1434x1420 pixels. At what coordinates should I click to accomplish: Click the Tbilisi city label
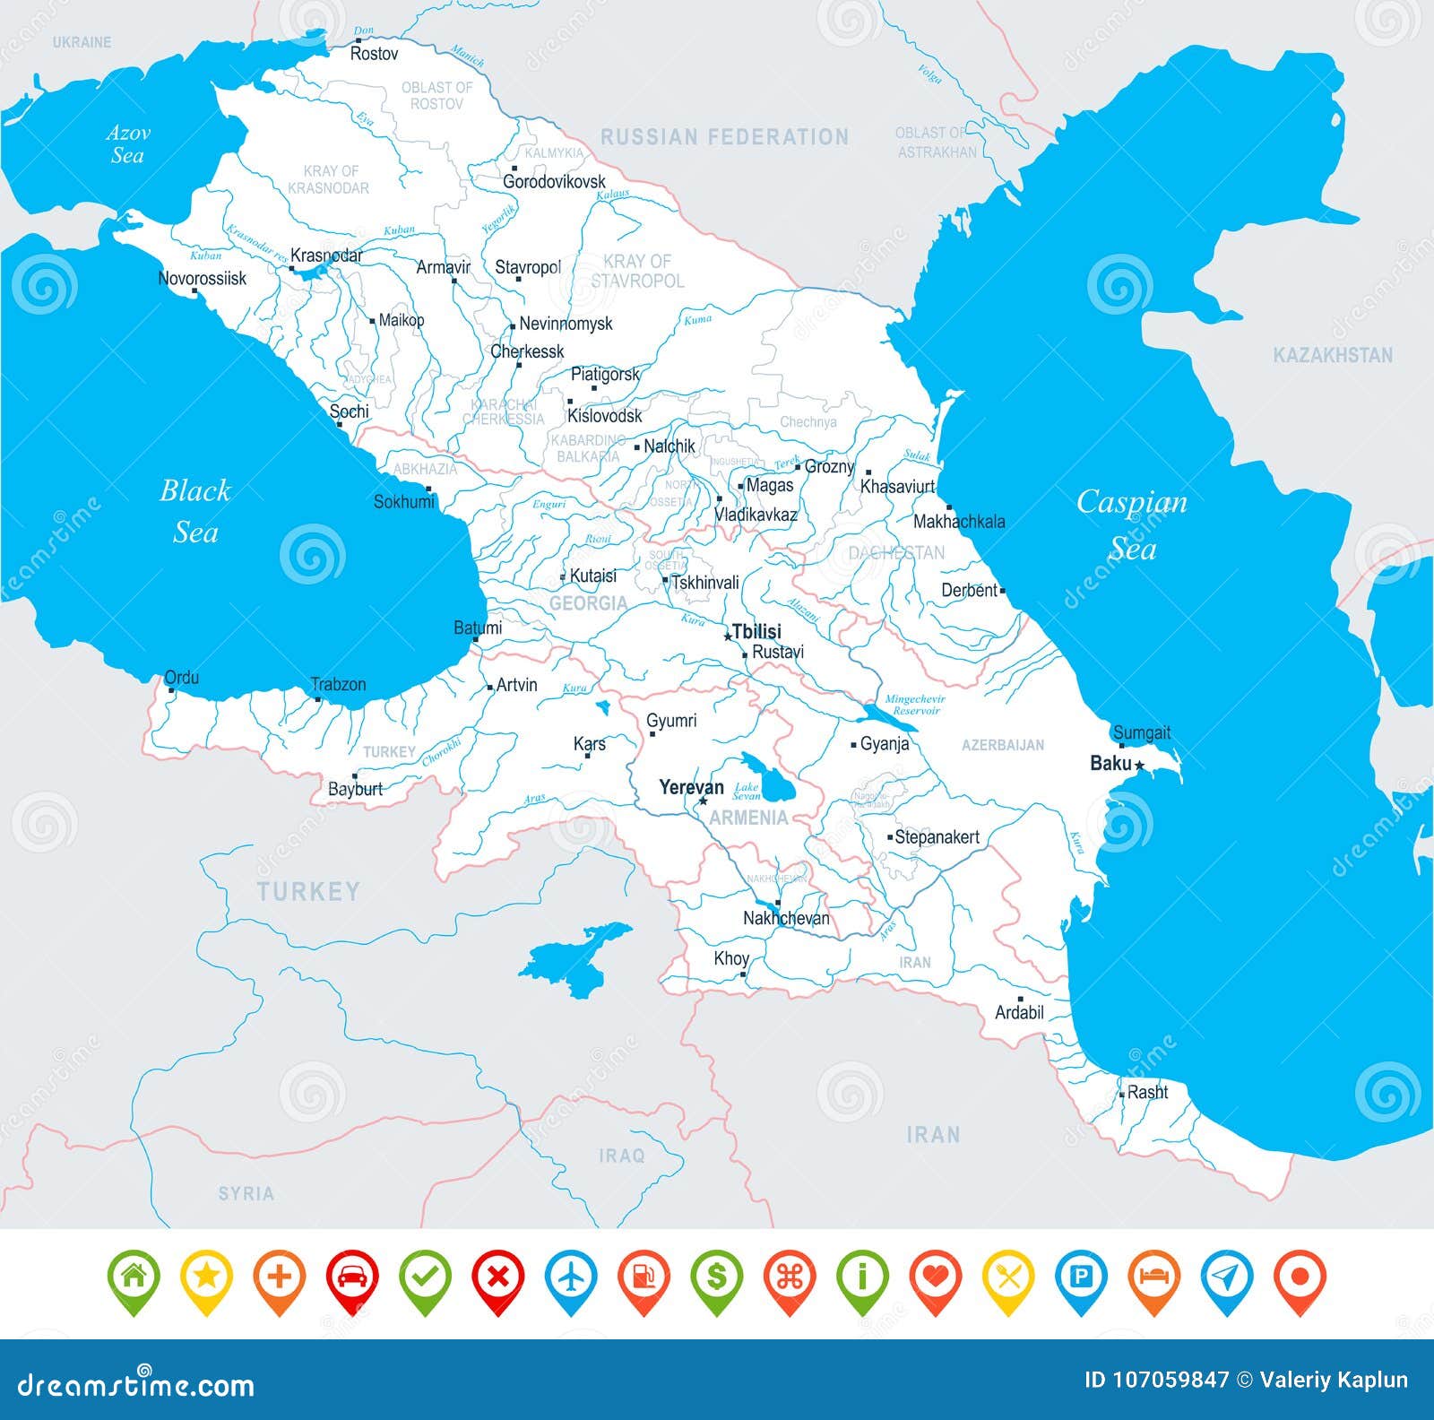click(756, 631)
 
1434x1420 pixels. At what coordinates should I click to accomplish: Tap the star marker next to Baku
click(1139, 766)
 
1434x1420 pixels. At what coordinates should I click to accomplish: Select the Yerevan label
click(691, 787)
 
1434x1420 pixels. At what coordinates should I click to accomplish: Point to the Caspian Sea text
click(1131, 524)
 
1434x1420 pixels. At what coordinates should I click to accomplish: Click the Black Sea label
click(194, 511)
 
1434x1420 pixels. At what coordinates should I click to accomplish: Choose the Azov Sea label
click(127, 144)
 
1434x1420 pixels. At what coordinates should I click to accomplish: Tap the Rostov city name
click(374, 54)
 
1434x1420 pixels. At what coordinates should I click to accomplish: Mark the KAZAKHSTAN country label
click(1333, 356)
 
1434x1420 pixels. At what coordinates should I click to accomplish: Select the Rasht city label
click(1147, 1092)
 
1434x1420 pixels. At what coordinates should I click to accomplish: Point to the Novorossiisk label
click(202, 279)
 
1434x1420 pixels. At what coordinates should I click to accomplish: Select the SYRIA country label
click(246, 1194)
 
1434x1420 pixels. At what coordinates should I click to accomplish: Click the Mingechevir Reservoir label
click(914, 705)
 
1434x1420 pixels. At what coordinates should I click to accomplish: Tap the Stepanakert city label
click(937, 836)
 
